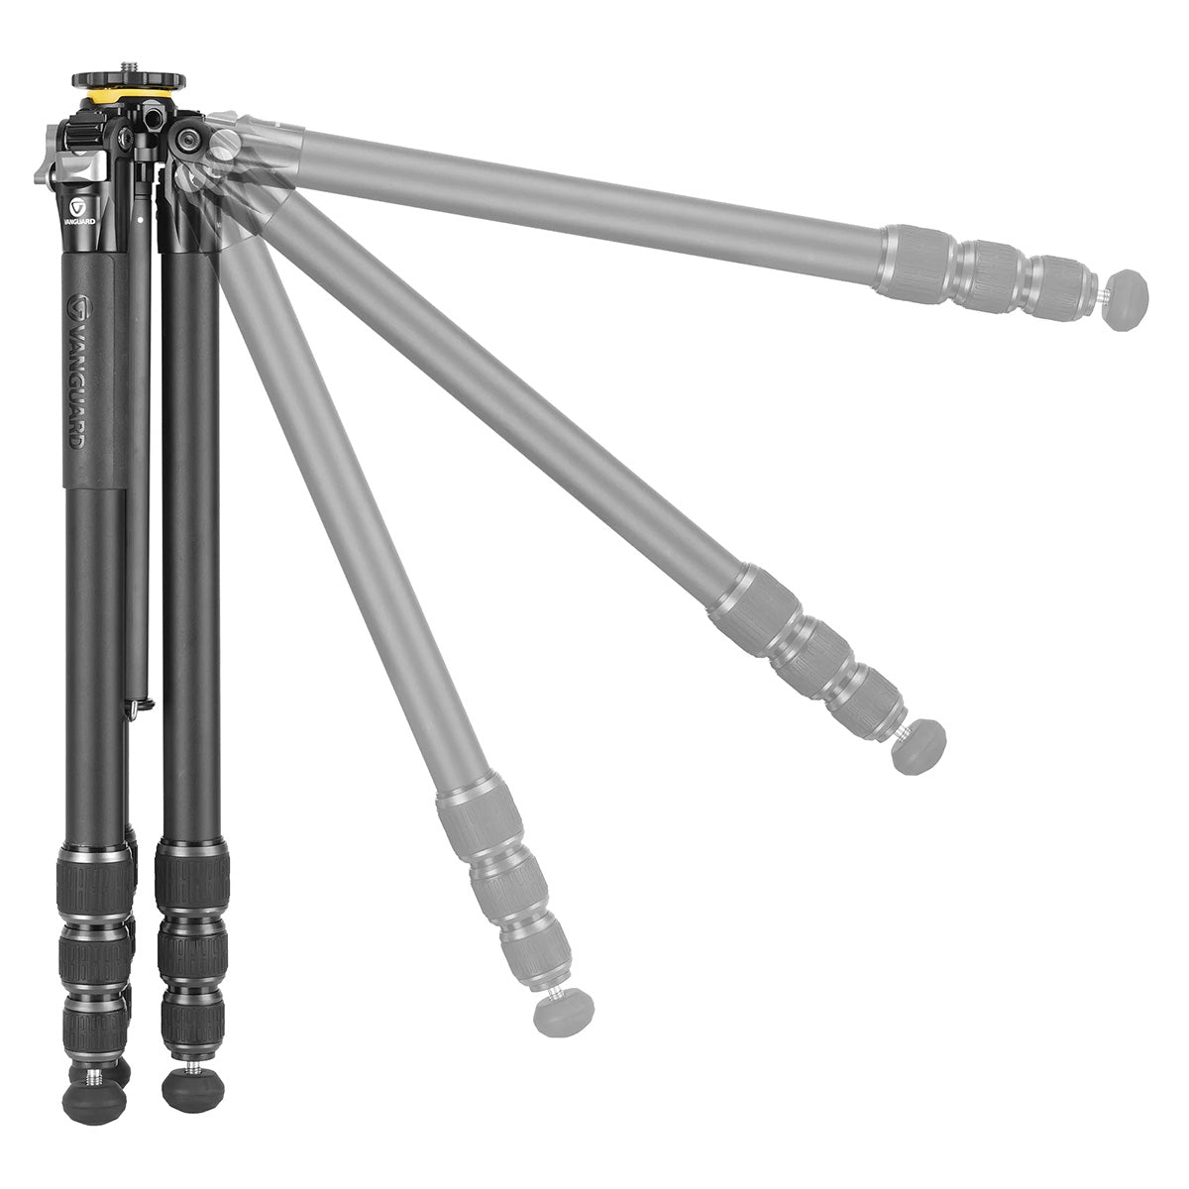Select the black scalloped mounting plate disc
pyautogui.click(x=129, y=80)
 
